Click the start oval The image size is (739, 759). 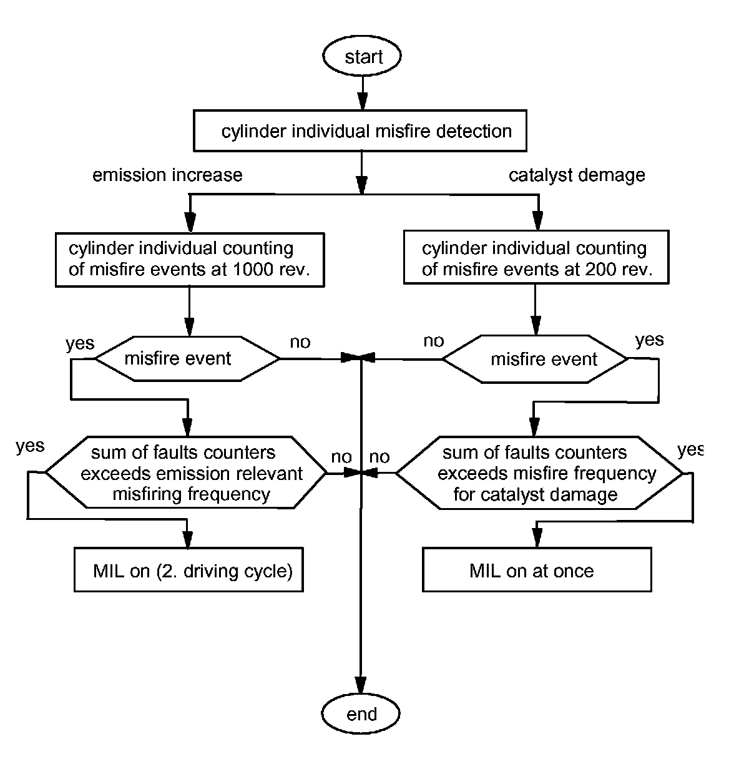361,56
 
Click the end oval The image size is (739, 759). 361,713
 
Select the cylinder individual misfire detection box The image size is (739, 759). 360,130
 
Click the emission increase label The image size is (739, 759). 167,175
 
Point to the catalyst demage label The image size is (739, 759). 577,175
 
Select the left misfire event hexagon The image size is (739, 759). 187,358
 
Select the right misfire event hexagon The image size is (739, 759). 535,359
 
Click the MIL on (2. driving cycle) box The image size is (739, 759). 188,570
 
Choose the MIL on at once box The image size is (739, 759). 537,570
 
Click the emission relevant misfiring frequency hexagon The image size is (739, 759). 186,473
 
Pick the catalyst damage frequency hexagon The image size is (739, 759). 539,473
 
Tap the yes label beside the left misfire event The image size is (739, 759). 80,343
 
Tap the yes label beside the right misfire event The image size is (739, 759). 649,340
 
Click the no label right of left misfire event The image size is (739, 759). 300,342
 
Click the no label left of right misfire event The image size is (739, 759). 434,341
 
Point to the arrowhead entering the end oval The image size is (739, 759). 361,685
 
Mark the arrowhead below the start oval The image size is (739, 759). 363,101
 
